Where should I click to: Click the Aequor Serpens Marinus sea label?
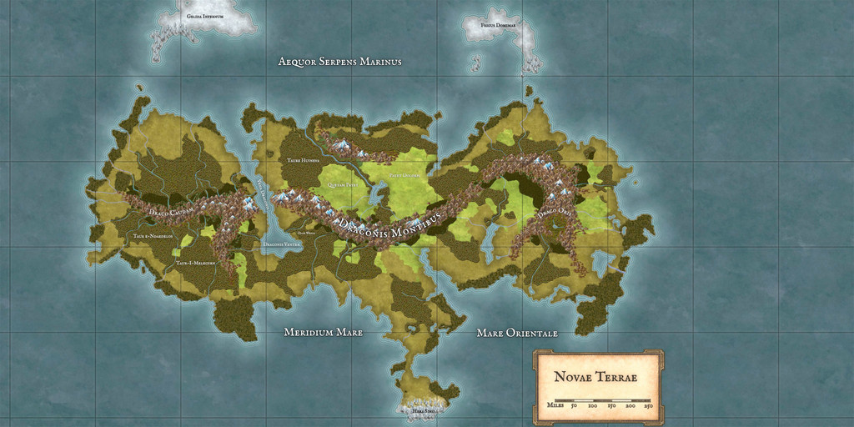[x=339, y=62]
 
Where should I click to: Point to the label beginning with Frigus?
[x=498, y=26]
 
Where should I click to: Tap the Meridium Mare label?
[x=323, y=332]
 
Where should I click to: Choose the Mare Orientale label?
[x=517, y=333]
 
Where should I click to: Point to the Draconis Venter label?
[x=282, y=244]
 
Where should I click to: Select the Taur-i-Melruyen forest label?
[x=196, y=263]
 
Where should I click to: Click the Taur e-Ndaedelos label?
[x=153, y=236]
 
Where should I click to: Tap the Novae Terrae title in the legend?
[x=595, y=377]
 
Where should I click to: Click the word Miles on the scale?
[x=556, y=405]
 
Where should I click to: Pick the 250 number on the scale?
[x=649, y=405]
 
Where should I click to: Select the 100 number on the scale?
[x=592, y=405]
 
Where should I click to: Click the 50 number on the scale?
[x=574, y=405]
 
